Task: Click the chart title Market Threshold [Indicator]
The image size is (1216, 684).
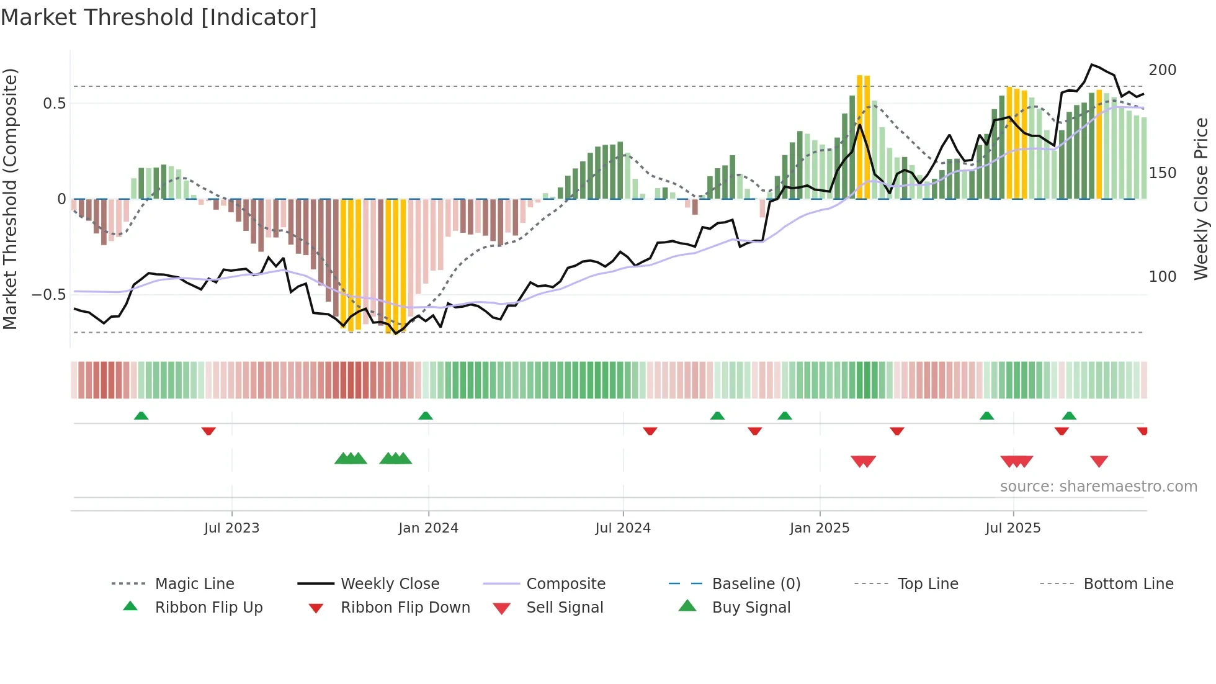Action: [x=159, y=17]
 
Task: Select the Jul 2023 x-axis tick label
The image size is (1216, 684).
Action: [x=231, y=528]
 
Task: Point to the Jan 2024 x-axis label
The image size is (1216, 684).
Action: [x=428, y=528]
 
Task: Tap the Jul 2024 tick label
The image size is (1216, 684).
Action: [x=623, y=528]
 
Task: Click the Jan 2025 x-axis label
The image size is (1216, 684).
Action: [x=820, y=528]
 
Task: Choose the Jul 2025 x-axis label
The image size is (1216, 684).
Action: [x=1013, y=528]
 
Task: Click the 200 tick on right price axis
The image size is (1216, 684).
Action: [x=1162, y=70]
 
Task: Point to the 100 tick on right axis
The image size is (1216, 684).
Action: [x=1162, y=277]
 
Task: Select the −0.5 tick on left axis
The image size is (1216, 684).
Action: [x=48, y=295]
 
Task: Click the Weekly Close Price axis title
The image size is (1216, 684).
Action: [x=1202, y=199]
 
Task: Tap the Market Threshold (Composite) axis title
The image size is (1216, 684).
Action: [x=10, y=199]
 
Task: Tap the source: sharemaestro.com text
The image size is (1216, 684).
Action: [x=1098, y=487]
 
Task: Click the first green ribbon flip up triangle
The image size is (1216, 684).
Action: [x=141, y=416]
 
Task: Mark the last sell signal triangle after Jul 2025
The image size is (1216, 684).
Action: [x=1099, y=461]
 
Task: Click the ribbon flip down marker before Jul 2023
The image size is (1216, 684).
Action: [x=208, y=431]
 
